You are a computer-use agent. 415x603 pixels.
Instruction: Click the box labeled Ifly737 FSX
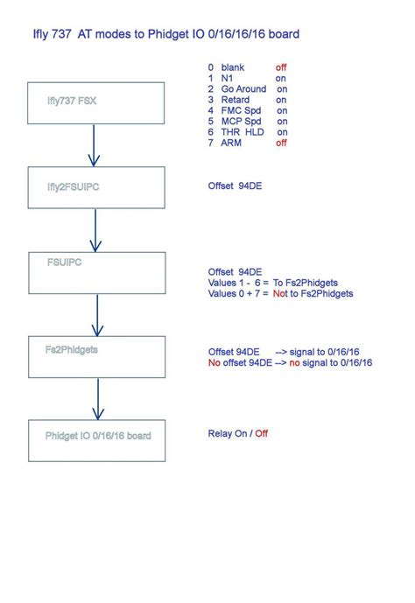[x=96, y=103]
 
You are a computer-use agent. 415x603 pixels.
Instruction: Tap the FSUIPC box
[x=96, y=272]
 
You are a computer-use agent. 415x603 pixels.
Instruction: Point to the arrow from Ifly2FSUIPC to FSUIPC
[x=95, y=230]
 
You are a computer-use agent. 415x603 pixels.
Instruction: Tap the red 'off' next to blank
[x=281, y=67]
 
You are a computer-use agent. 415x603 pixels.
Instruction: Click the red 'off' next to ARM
[x=281, y=143]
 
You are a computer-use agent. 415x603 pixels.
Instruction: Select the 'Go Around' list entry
[x=246, y=89]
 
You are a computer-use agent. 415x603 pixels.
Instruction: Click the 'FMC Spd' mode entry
[x=243, y=110]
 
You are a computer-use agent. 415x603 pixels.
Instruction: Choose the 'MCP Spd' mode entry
[x=243, y=122]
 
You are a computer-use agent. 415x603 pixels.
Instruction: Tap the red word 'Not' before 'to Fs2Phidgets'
[x=279, y=293]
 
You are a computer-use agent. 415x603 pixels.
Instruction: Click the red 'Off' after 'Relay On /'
[x=261, y=433]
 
